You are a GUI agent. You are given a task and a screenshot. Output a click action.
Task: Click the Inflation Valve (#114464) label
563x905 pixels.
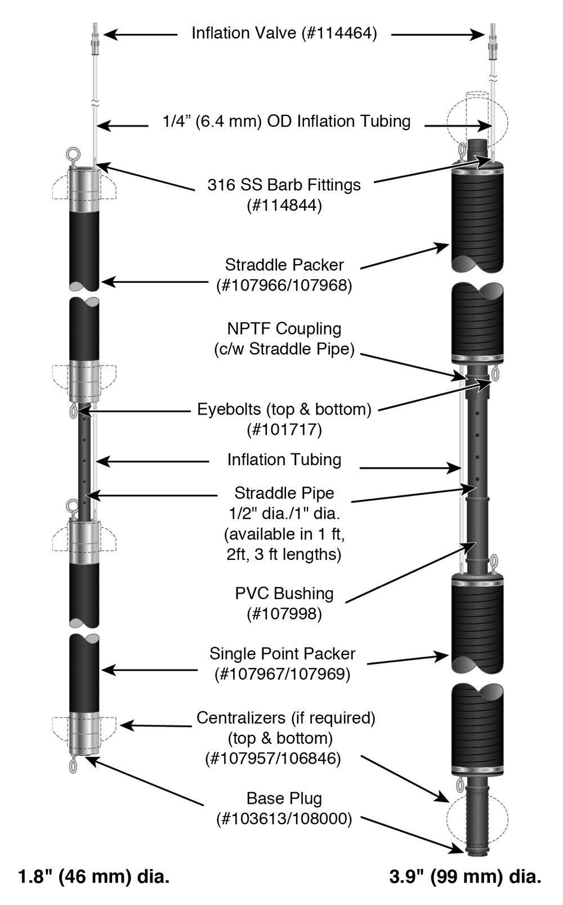coord(284,33)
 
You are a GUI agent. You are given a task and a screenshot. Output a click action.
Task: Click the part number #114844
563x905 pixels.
coord(284,206)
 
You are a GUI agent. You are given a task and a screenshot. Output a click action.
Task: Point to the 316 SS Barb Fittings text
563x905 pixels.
coord(284,185)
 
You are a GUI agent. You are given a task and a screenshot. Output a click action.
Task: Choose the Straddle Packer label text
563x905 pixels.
coord(284,265)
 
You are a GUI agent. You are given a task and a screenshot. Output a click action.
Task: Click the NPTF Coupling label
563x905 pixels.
coord(284,329)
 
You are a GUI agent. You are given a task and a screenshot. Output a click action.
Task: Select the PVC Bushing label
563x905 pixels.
coord(284,593)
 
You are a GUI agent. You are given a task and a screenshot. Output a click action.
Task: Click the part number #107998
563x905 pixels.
coord(284,614)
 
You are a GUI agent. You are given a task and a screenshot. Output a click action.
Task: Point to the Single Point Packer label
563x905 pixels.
coord(282,653)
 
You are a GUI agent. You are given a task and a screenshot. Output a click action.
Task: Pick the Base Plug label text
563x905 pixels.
coord(284,798)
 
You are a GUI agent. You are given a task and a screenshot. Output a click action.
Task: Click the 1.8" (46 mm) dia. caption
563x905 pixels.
coord(93,877)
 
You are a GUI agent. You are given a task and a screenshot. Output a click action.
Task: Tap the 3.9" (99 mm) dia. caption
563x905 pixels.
coord(465,877)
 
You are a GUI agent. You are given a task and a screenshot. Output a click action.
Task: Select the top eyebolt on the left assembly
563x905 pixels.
coord(73,154)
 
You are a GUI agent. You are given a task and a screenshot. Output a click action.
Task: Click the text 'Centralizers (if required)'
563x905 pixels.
coord(285,718)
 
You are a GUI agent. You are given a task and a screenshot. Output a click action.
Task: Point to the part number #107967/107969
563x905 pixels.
coord(282,674)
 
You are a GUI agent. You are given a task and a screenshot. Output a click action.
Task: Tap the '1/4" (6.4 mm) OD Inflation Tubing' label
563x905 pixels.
coord(287,121)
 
